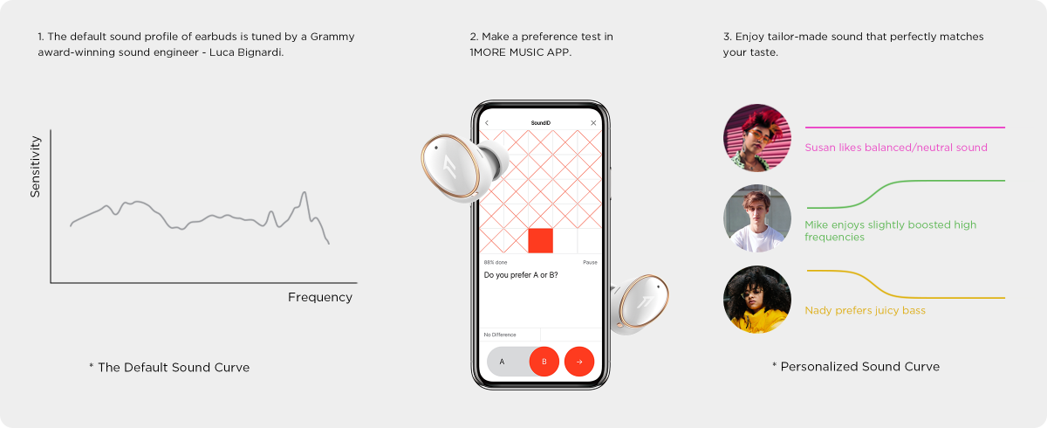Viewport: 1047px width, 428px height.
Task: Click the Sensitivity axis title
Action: [36, 167]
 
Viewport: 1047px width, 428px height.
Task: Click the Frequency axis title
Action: [320, 298]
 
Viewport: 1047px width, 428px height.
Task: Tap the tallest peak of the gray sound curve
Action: [305, 193]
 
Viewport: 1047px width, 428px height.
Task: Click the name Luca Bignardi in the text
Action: [246, 52]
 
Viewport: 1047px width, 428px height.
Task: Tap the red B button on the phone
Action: [544, 362]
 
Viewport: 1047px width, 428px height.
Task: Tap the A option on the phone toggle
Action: [502, 362]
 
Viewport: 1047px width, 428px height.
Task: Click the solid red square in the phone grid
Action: [540, 240]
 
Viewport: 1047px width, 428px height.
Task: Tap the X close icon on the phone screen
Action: [593, 123]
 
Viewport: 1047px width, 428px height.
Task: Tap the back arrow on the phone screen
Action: [487, 123]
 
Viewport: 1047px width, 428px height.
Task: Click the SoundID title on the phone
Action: [540, 123]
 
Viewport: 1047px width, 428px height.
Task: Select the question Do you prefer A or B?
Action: [521, 275]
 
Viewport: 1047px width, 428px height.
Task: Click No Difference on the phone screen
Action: [500, 335]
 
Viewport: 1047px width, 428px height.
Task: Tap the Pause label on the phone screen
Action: [590, 262]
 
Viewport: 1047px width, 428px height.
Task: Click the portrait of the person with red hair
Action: [757, 138]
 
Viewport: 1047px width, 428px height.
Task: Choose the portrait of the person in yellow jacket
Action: [757, 300]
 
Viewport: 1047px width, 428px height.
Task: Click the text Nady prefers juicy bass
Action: [865, 311]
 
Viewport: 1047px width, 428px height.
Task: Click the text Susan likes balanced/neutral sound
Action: [896, 148]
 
